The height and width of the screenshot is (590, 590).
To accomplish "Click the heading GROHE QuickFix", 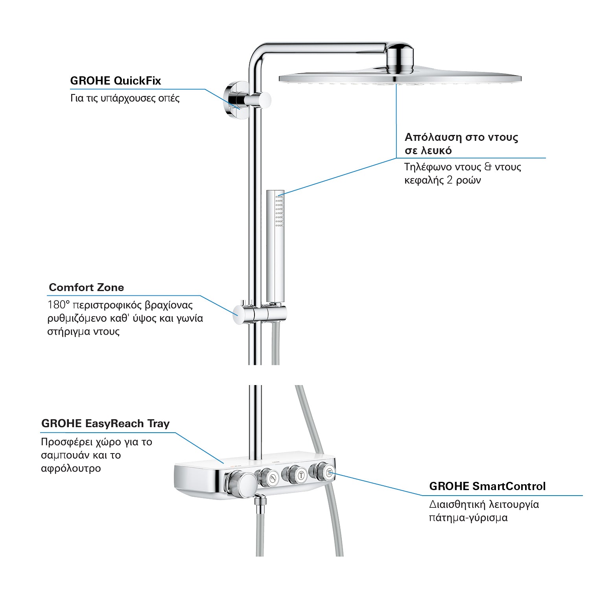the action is pos(116,81).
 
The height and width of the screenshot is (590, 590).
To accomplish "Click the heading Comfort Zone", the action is pos(86,288).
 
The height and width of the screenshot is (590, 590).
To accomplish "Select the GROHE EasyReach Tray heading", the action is pos(105,424).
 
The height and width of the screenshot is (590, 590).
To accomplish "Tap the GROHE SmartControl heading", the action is pos(487,486).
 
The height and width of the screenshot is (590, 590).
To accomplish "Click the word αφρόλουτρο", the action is pos(71,468).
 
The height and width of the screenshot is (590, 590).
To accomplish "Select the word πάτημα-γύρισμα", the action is pos(468,518).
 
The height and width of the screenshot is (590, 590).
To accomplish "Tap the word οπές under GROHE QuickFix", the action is pos(169,98).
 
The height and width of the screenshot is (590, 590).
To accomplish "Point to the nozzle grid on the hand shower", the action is pos(279,210).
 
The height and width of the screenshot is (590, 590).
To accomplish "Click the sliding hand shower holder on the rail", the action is pos(260,313).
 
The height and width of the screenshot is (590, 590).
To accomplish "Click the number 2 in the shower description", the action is pos(450,180).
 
